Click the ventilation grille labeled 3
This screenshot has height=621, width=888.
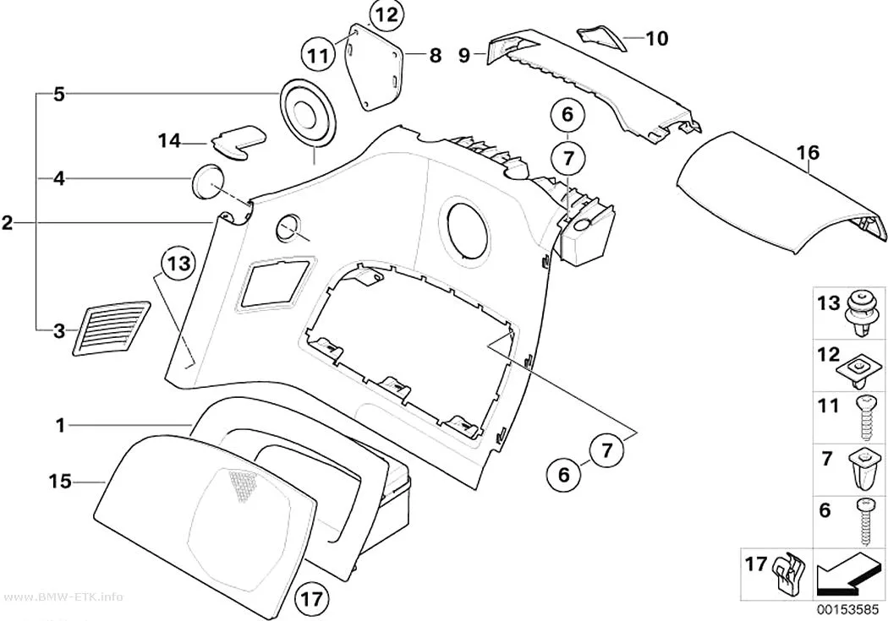click(x=112, y=328)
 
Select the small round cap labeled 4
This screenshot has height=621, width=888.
click(x=206, y=181)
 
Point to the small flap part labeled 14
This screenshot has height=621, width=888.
click(x=238, y=141)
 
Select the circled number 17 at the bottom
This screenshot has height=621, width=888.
click(x=313, y=598)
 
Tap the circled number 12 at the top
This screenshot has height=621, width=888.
click(x=386, y=14)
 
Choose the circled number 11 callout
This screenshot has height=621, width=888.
click(x=319, y=56)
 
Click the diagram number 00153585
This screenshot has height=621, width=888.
click(x=848, y=610)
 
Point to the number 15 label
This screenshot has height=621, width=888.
click(x=60, y=482)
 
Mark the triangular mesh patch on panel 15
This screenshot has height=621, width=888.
click(x=243, y=487)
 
